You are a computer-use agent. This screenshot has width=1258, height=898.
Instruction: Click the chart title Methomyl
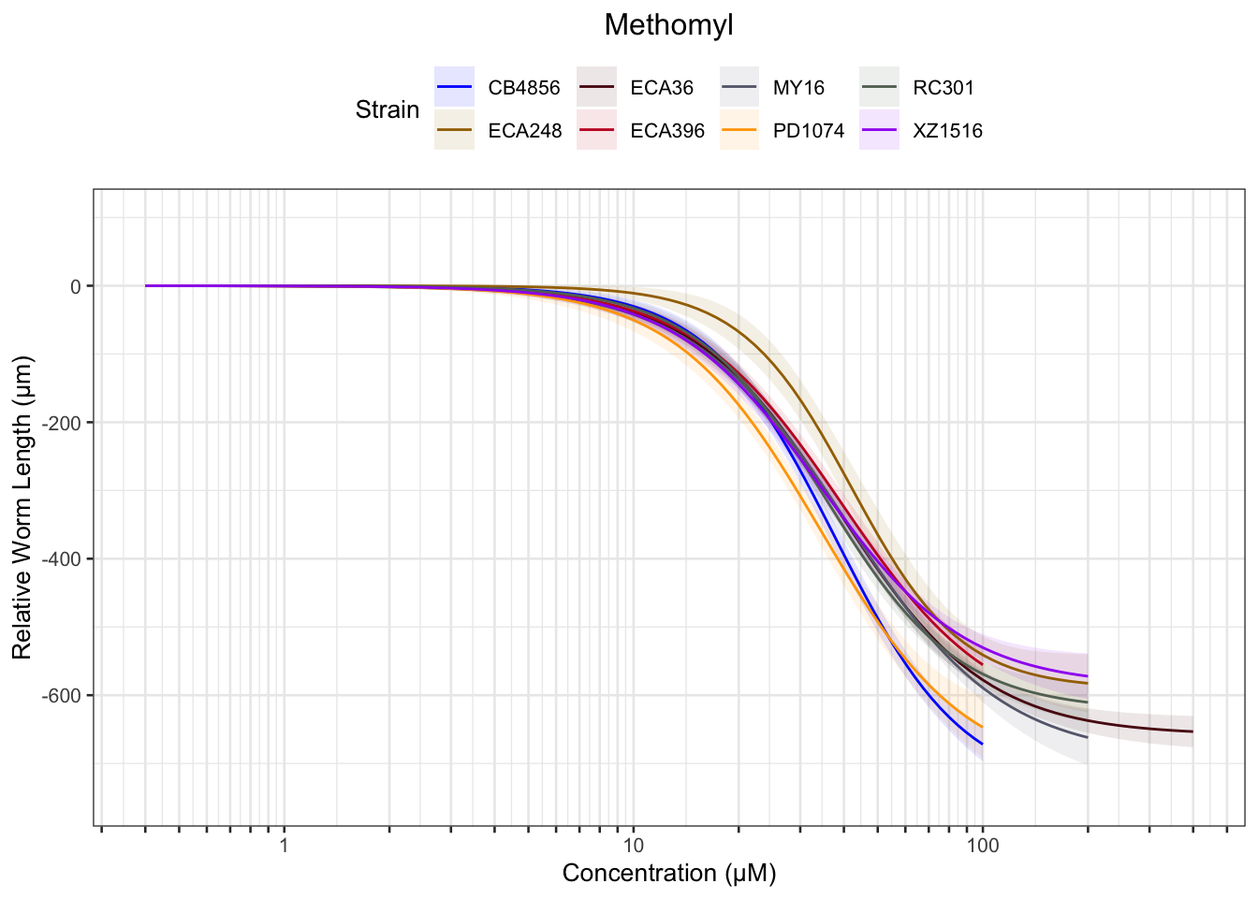click(x=668, y=25)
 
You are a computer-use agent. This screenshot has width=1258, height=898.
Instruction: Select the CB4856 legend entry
click(x=523, y=88)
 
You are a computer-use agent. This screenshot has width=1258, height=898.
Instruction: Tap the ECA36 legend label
click(x=662, y=88)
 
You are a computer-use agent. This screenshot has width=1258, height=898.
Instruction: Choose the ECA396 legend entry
click(x=666, y=131)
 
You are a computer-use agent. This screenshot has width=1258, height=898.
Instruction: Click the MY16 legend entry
click(x=798, y=88)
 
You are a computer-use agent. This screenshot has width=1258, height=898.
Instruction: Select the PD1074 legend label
click(x=808, y=131)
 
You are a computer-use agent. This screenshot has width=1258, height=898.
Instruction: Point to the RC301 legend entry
click(x=943, y=88)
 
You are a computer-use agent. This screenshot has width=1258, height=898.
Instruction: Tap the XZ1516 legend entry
click(x=947, y=131)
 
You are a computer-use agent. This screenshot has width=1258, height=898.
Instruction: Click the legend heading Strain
click(x=388, y=110)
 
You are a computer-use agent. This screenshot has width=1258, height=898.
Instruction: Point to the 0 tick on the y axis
click(x=76, y=286)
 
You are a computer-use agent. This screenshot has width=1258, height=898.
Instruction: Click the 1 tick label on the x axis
click(x=284, y=846)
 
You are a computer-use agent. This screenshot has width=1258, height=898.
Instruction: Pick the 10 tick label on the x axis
click(x=633, y=846)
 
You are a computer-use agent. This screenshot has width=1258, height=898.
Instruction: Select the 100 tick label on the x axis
click(x=982, y=846)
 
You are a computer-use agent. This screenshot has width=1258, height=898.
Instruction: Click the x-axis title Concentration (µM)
click(x=668, y=874)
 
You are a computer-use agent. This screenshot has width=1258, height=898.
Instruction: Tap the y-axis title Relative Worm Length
click(x=22, y=507)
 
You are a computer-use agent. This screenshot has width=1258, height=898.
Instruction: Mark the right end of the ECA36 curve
click(x=1192, y=731)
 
